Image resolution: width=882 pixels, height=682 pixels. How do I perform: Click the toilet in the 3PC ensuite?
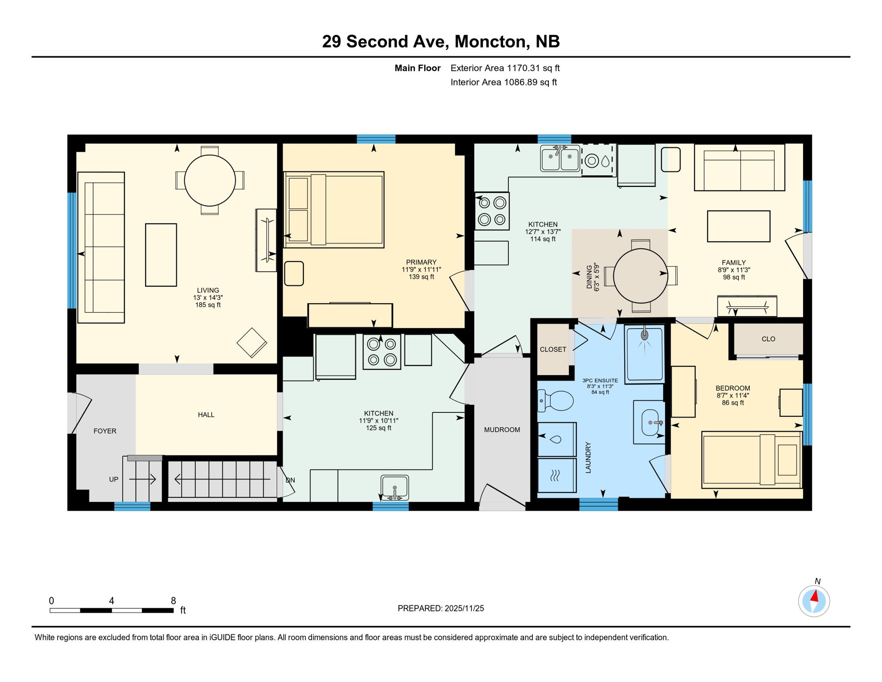[556, 401]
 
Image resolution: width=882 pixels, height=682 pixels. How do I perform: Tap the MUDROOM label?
[502, 430]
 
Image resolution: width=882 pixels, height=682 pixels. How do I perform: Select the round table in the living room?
[210, 181]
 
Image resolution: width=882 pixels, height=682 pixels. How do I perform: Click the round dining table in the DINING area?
[640, 276]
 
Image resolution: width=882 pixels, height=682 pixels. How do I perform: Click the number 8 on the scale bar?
[173, 601]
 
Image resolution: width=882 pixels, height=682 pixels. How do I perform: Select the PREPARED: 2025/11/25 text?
[441, 608]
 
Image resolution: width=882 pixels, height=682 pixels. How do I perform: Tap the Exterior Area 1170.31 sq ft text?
[505, 68]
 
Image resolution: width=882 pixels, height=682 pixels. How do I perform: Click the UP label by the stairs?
[114, 480]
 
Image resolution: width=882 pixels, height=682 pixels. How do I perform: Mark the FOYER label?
[105, 431]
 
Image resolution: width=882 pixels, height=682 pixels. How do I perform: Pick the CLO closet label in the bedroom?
[768, 339]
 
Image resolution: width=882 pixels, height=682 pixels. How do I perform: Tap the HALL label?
[206, 415]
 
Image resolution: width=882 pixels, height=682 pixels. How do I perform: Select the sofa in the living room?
[101, 247]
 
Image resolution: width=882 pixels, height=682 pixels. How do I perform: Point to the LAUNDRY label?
[588, 457]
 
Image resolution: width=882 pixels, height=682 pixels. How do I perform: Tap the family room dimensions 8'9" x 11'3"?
[734, 270]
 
